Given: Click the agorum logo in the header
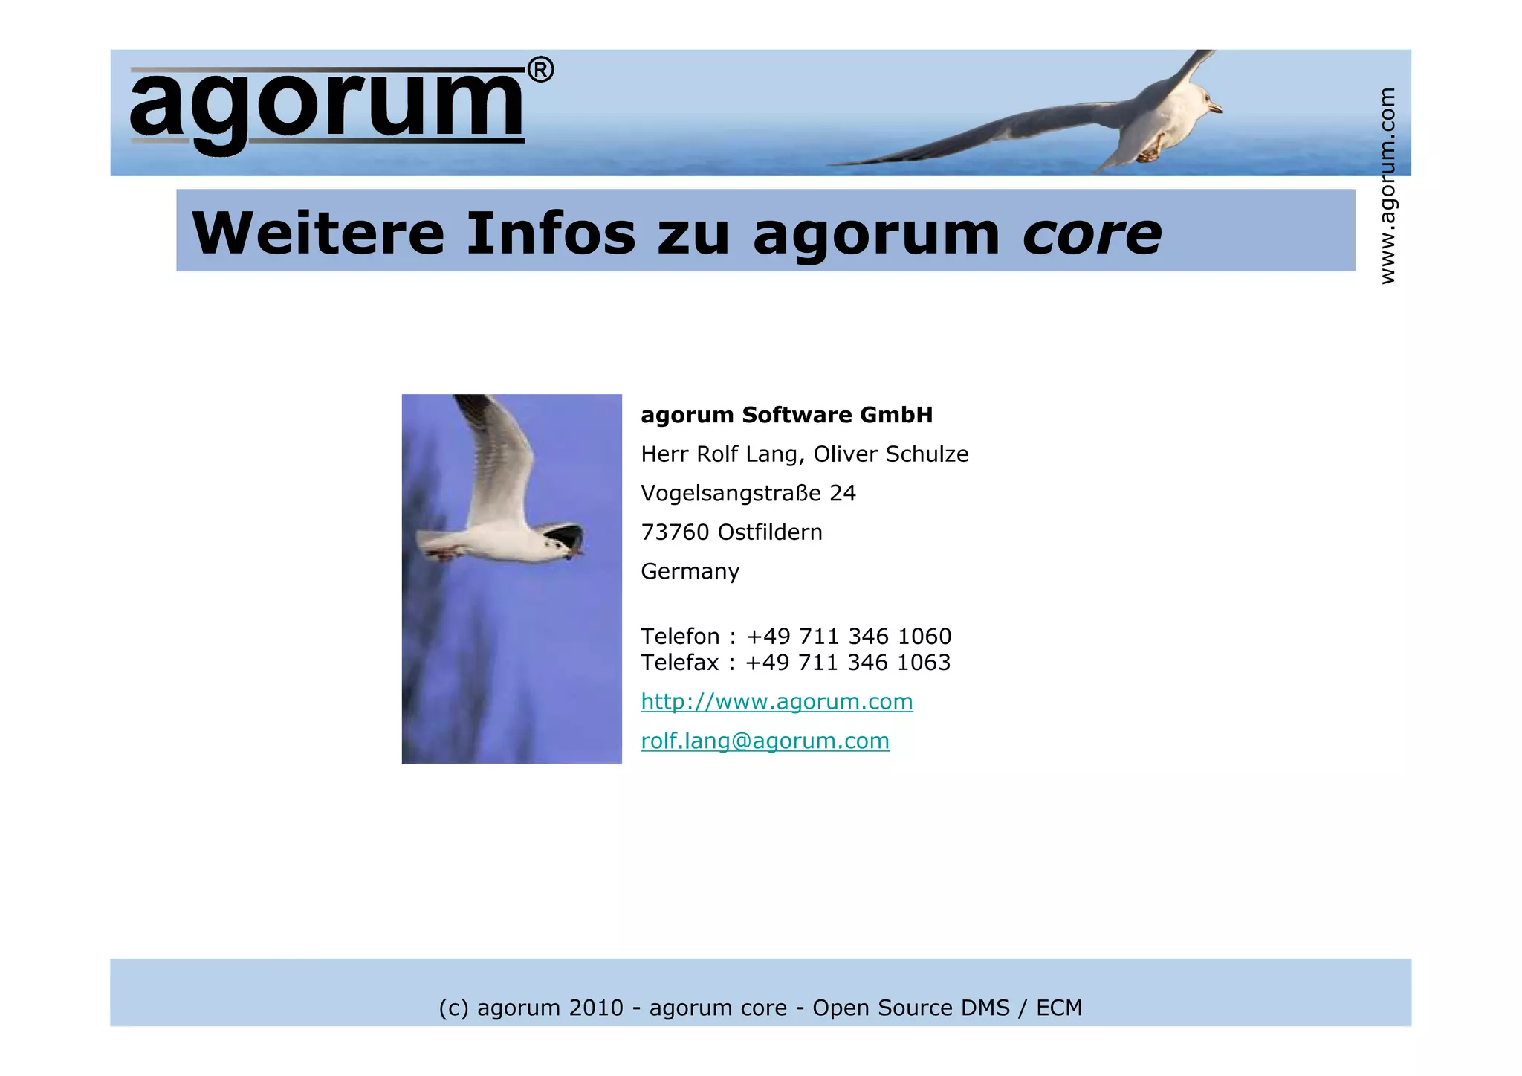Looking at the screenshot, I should (327, 106).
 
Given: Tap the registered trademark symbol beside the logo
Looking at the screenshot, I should (540, 70).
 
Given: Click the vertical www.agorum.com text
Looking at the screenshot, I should (1387, 186).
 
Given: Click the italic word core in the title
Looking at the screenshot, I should (1092, 233).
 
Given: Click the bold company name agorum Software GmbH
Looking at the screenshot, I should (786, 415).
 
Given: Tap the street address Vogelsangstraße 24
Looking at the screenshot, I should (748, 493).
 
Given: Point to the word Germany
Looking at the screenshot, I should (690, 572).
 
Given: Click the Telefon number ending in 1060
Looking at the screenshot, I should (848, 637).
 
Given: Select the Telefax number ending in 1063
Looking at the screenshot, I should (847, 663).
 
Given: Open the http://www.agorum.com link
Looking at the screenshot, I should (777, 702).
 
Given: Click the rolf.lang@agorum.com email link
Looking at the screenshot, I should (765, 741).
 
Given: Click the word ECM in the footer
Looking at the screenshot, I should (1059, 1008).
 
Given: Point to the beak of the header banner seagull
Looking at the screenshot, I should (1217, 109).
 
